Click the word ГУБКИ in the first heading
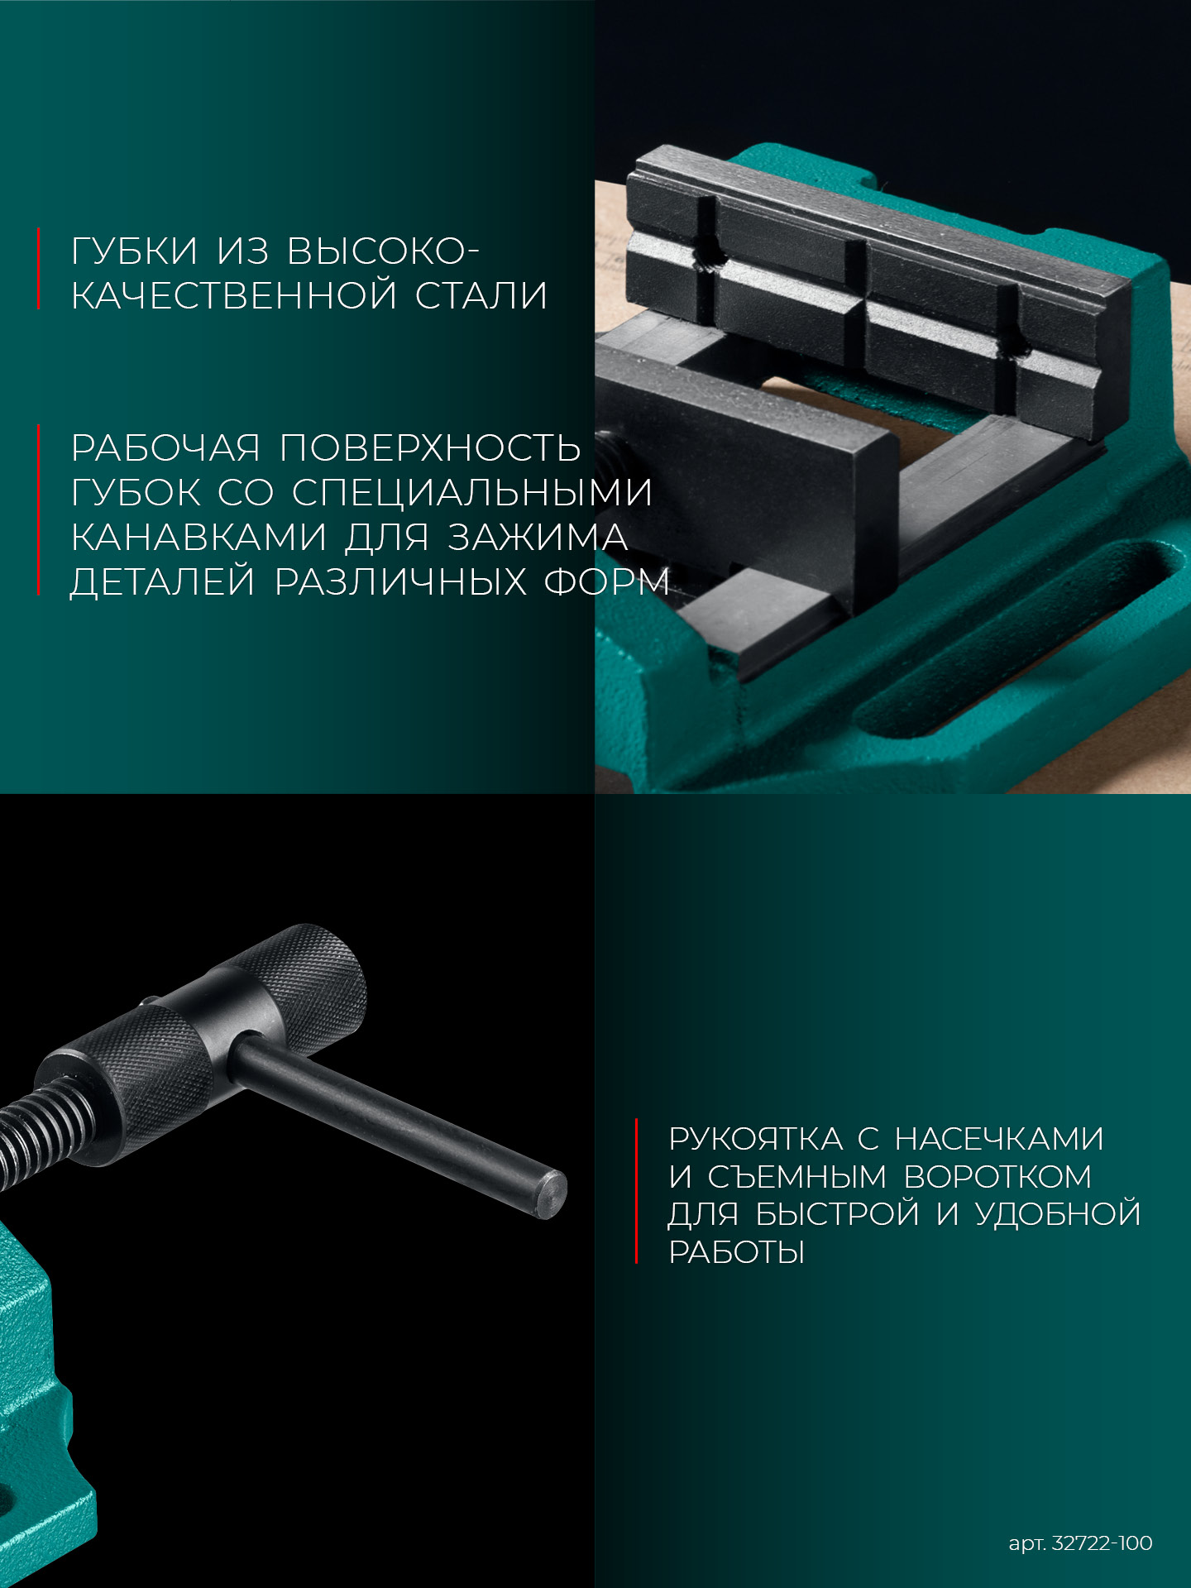[x=135, y=251]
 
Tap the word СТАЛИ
[x=481, y=296]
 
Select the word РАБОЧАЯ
[x=165, y=448]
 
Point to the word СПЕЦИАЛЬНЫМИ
[x=472, y=493]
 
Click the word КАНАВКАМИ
[x=198, y=538]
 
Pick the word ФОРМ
[x=606, y=582]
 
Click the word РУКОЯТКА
[x=755, y=1139]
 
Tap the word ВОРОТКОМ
[x=997, y=1177]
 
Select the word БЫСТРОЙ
[x=837, y=1214]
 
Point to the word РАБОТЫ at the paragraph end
[x=736, y=1252]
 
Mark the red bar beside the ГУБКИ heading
[x=39, y=269]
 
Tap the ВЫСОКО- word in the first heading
[x=383, y=251]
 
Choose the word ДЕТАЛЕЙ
[x=163, y=582]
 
